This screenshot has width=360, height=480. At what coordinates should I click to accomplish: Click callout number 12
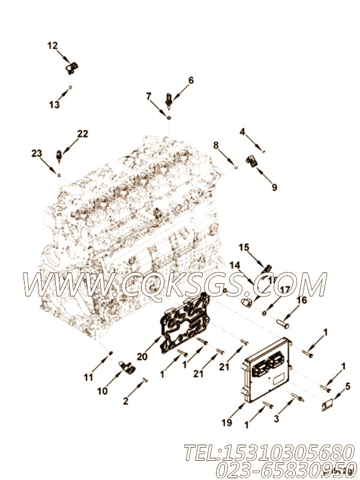tap(53, 45)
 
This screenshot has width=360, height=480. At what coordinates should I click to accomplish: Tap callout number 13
tap(55, 104)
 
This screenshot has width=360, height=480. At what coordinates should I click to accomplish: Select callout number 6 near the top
tap(191, 80)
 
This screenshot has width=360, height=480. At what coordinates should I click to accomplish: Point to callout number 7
tap(148, 96)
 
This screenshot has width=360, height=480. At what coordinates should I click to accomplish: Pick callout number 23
tap(37, 154)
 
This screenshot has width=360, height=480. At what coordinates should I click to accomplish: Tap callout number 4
tap(242, 131)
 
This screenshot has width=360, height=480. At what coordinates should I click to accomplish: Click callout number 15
tap(244, 247)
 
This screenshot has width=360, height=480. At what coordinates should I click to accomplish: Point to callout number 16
tap(301, 300)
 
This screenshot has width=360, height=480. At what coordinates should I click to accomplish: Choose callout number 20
tap(142, 356)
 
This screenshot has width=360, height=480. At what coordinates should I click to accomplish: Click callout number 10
tap(102, 391)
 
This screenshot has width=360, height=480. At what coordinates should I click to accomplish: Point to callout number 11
tap(88, 377)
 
